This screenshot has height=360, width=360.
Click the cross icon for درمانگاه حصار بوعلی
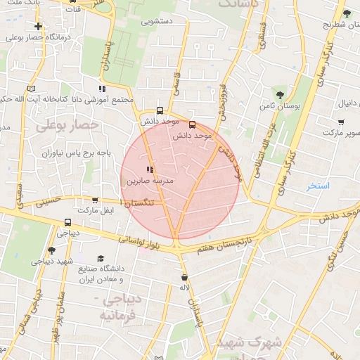pyautogui.click(x=38, y=27)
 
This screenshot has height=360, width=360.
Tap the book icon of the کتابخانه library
pyautogui.click(x=30, y=89)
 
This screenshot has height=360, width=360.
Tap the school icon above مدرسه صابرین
pyautogui.click(x=149, y=169)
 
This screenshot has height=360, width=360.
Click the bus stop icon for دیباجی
pyautogui.click(x=67, y=219)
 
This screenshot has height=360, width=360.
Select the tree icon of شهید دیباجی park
pyautogui.click(x=51, y=250)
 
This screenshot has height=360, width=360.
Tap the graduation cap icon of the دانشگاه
pyautogui.click(x=100, y=259)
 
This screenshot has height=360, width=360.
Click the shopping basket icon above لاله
pyautogui.click(x=184, y=276)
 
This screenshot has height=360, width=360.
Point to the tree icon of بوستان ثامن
pyautogui.click(x=280, y=94)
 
